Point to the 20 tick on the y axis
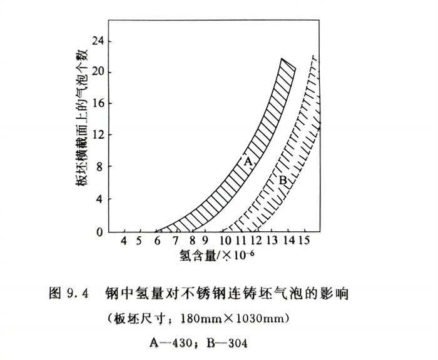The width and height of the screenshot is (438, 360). point(98,72)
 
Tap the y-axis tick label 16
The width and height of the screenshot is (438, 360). point(98,104)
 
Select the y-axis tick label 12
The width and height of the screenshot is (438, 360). point(98,136)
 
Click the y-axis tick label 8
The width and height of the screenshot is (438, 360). point(100,167)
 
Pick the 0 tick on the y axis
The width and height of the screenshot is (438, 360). point(100,232)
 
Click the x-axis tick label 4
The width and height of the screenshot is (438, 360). point(124,241)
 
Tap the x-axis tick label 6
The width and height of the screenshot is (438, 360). point(157,241)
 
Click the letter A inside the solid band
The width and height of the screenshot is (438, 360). point(248,162)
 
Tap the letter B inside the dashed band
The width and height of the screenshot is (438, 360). point(282,181)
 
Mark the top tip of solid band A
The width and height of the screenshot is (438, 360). point(282,59)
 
